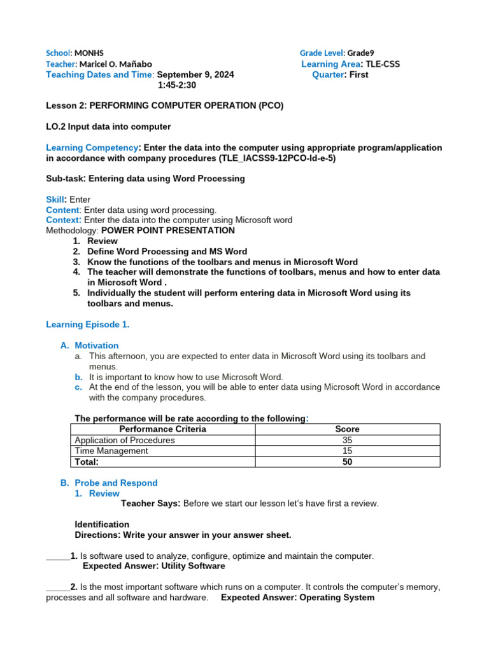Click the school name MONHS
coord(89,53)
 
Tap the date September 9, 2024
coord(195,75)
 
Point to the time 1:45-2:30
coord(177,85)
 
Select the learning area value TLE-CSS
coord(383,64)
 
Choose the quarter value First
coord(358,75)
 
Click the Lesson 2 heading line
coord(165,106)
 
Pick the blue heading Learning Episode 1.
coord(88,325)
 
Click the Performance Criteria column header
coord(163,429)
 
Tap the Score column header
coord(347,429)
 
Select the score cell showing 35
coord(347,440)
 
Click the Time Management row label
coord(111,451)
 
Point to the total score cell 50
coord(347,462)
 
